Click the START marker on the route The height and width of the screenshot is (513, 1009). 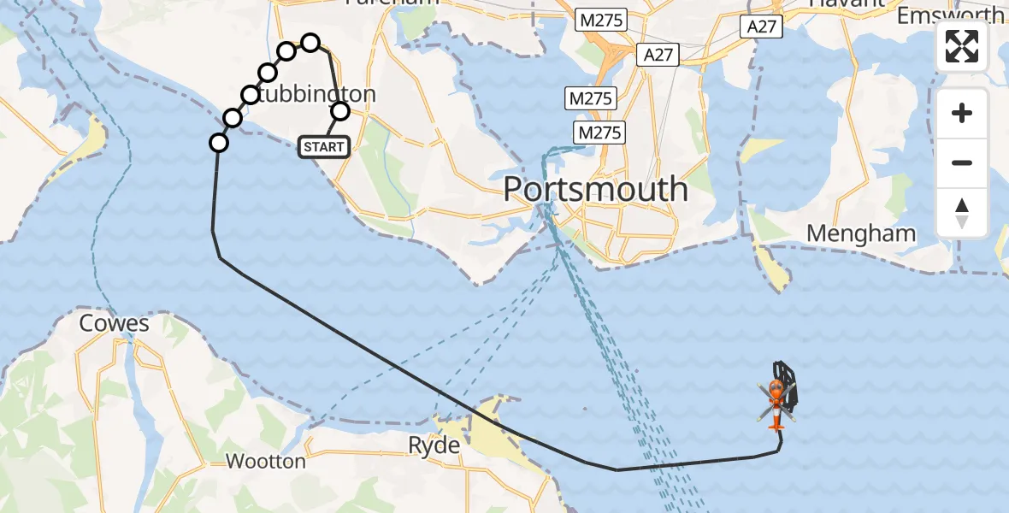pos(323,147)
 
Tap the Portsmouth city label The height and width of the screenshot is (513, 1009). pos(595,189)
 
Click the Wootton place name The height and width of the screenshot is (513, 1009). pos(265,462)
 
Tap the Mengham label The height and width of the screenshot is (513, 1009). pos(861,233)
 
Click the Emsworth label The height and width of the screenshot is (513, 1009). pos(951,15)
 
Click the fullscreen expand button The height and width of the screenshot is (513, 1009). pos(962,46)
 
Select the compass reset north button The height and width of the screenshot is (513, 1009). pos(962,213)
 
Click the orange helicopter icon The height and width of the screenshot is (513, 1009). pos(776,402)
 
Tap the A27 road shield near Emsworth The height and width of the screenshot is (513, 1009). pos(761,27)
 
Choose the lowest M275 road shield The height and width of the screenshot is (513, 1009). pos(599,133)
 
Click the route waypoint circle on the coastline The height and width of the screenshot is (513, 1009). pos(219,143)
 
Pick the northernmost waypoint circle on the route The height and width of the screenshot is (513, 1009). pos(310,43)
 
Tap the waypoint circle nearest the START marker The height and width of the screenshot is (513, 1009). pos(340,111)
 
